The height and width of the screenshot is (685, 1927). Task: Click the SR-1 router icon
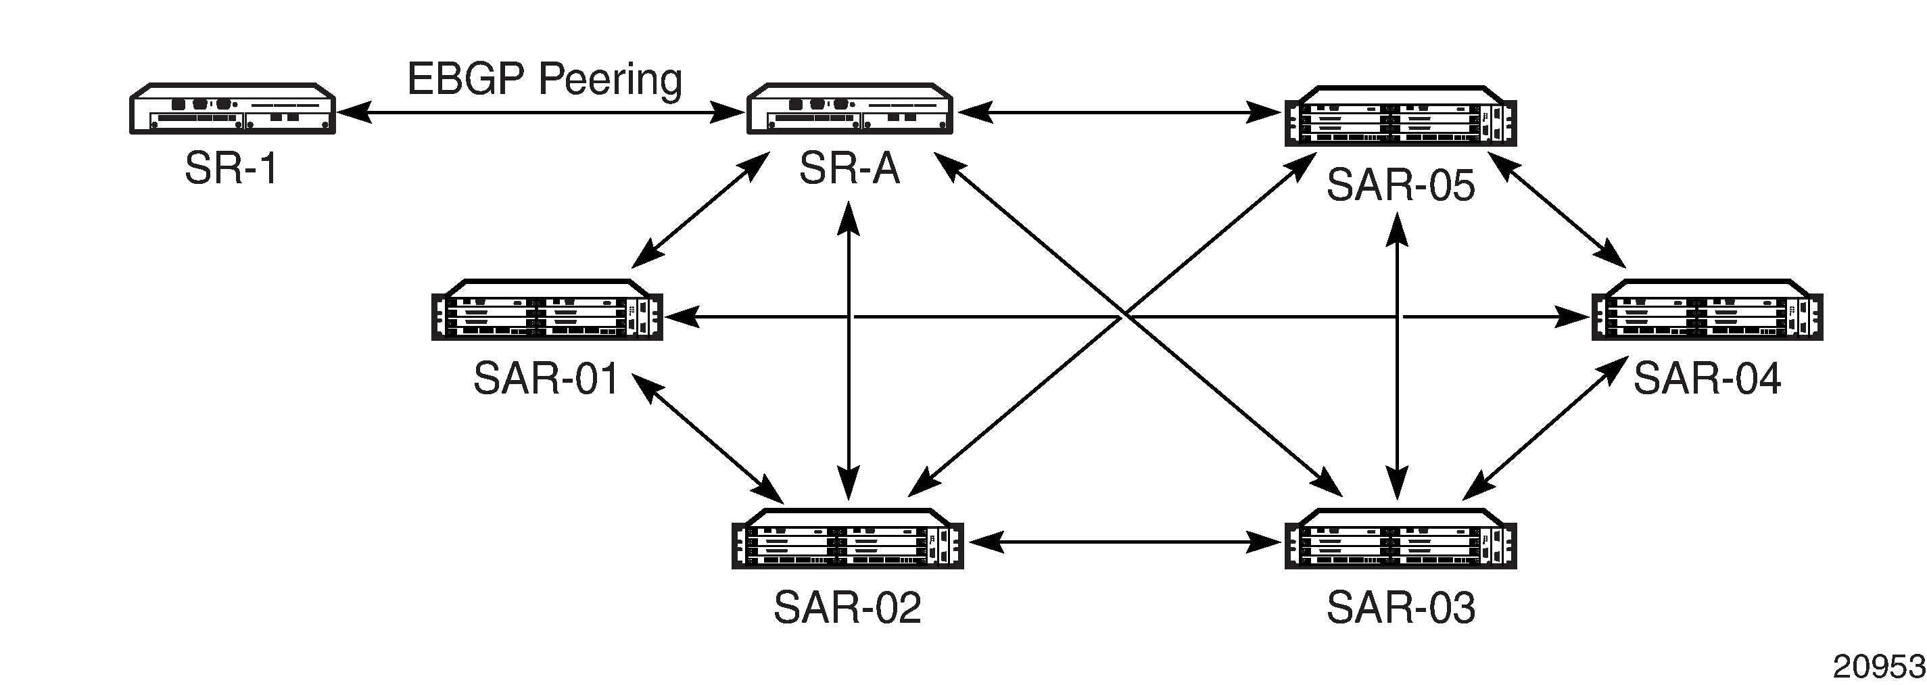pos(233,108)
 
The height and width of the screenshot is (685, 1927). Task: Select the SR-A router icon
pos(850,108)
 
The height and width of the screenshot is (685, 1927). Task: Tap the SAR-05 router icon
pos(1400,116)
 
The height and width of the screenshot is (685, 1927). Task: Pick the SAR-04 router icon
pos(1708,310)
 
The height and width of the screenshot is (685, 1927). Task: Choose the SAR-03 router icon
pos(1400,539)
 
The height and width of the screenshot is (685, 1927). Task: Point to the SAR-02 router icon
pos(848,539)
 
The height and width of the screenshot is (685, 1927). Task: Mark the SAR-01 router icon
pos(548,310)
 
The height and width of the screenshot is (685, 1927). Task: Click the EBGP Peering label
pos(544,79)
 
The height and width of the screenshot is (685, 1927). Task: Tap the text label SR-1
pos(232,168)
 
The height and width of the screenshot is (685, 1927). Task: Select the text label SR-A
pos(849,168)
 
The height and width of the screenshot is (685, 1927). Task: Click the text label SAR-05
pos(1400,185)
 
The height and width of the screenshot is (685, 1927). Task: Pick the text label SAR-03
pos(1400,607)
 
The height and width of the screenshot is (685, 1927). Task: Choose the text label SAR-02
pos(848,607)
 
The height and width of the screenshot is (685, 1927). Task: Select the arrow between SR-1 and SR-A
pos(541,113)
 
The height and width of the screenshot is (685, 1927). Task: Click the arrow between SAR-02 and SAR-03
pos(1124,542)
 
